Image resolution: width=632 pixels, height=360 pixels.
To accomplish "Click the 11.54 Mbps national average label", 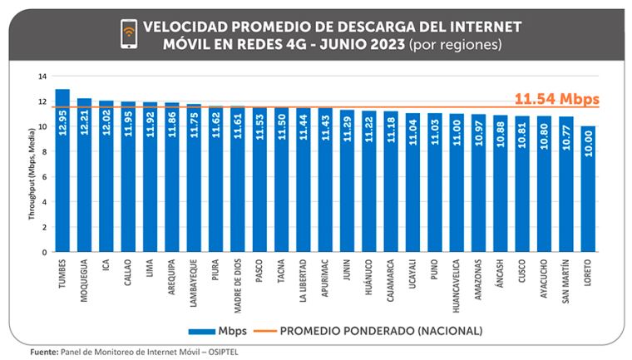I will click(x=556, y=99).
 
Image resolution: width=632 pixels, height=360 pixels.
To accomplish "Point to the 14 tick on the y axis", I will click(x=42, y=76).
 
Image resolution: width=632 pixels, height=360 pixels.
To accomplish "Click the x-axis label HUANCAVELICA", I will click(x=457, y=287).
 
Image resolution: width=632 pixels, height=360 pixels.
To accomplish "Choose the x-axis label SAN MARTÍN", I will click(x=566, y=282).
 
